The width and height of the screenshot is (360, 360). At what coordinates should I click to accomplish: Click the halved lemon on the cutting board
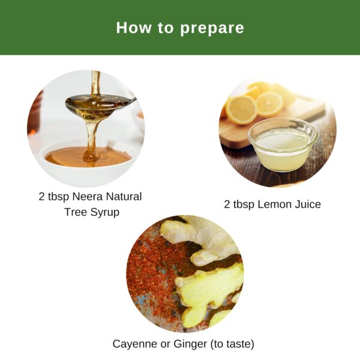click(x=269, y=103)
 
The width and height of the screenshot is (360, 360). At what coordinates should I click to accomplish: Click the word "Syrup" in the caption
click(x=103, y=212)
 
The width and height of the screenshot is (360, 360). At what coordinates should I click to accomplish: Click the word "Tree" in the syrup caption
click(x=75, y=212)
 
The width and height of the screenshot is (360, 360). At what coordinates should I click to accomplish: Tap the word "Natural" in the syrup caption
click(x=123, y=197)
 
